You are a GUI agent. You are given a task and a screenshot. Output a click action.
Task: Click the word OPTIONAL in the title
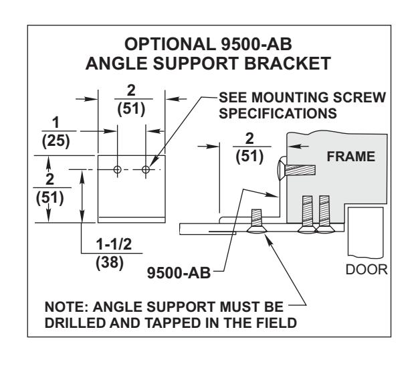point(170,44)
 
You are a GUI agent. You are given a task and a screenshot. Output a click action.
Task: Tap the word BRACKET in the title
point(288,64)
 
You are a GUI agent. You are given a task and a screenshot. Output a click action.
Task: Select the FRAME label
point(351,157)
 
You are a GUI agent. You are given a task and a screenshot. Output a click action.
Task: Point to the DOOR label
point(367,270)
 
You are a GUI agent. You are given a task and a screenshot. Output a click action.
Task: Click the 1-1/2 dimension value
point(114,244)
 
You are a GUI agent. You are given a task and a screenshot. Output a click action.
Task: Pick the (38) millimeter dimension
point(110,262)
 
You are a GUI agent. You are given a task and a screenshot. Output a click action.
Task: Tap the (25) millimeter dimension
point(56,141)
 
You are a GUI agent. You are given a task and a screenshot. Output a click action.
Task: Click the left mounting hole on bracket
point(118,169)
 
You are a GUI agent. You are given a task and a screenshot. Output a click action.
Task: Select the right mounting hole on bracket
point(146,169)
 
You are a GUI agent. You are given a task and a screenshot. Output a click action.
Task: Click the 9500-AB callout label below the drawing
point(179,272)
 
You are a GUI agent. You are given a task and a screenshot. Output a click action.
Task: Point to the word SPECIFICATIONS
point(278,114)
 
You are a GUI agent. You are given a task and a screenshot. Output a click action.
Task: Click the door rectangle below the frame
point(366,232)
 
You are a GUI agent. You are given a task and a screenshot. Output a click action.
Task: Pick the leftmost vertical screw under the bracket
point(257,221)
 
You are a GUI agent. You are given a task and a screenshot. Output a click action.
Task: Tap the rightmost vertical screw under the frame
point(324,214)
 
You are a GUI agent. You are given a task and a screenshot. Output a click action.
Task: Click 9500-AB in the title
point(256,44)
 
